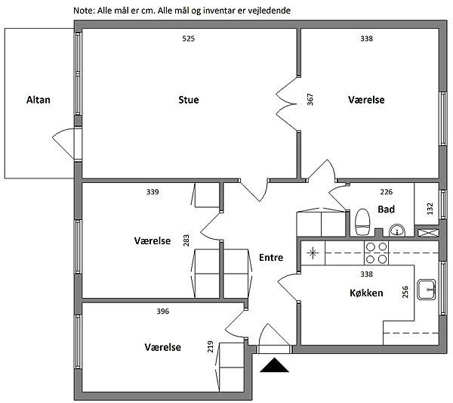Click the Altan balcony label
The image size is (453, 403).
pos(38,100)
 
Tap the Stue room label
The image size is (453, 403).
pos(189,100)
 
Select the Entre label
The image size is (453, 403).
pos(270,258)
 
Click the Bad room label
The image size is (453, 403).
pos(386,209)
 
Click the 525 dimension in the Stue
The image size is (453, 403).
pos(189,39)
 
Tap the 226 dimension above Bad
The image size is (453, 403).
pos(385,192)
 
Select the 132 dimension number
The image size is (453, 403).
pos(430,207)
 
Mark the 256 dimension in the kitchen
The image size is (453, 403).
pos(405,292)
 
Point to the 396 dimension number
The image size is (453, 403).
pos(162,312)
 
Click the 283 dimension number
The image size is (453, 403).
pos(186,240)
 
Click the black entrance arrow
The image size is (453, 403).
pos(275,366)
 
